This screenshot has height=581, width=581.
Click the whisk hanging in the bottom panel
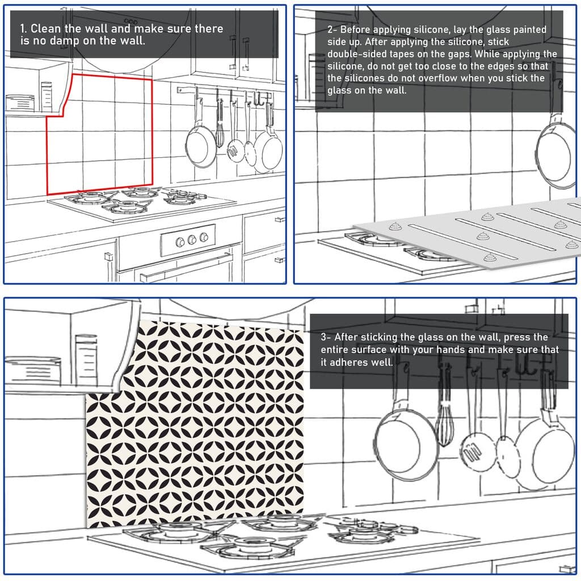pyautogui.click(x=445, y=420)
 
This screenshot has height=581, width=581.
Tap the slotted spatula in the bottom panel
pyautogui.click(x=471, y=448)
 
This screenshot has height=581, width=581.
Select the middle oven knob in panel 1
pyautogui.click(x=192, y=239)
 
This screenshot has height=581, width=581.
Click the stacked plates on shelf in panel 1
pyautogui.click(x=20, y=103)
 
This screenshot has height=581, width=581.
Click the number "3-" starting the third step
pyautogui.click(x=326, y=337)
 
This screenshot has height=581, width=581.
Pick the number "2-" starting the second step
pyautogui.click(x=331, y=30)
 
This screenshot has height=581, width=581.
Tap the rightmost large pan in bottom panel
pyautogui.click(x=545, y=448)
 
